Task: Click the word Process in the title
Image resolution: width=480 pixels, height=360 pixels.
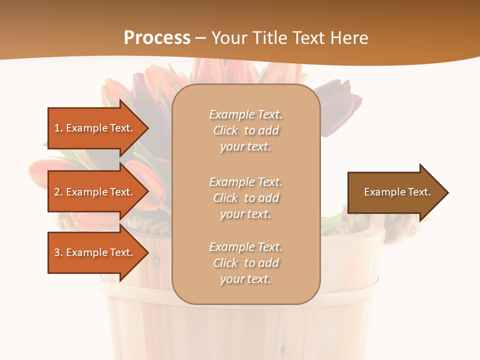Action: pos(157,38)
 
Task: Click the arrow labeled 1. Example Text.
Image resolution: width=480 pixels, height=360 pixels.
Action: pos(95,128)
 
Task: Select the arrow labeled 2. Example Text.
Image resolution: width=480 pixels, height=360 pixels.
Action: pos(95,192)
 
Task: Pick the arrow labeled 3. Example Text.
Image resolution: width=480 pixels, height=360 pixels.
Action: pos(95,252)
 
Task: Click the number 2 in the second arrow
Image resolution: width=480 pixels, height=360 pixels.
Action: pos(57,192)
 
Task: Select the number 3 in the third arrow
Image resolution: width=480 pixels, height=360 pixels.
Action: pos(57,252)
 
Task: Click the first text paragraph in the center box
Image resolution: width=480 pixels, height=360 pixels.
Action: pos(245,130)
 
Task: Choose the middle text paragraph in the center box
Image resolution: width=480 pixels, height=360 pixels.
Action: pos(245,198)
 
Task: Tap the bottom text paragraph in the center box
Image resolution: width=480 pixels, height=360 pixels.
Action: pos(245,263)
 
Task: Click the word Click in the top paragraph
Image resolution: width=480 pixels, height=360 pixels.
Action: pos(225,130)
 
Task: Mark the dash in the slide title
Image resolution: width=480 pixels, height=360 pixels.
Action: pos(201,38)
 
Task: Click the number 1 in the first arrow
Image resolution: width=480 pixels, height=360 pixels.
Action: pos(56,128)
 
